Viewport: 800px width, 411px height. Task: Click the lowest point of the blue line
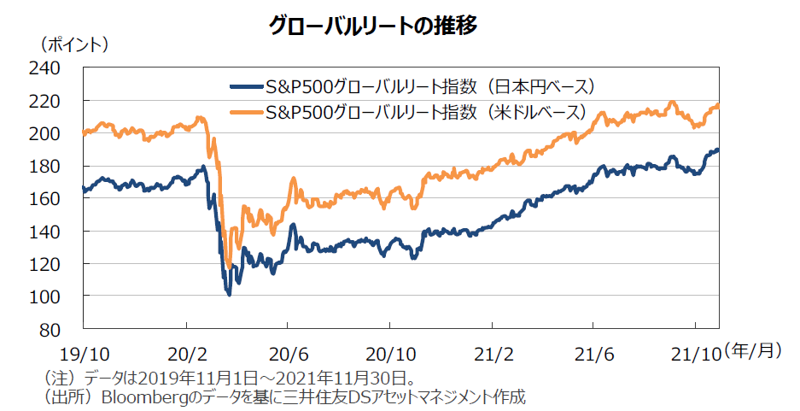pyautogui.click(x=229, y=295)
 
